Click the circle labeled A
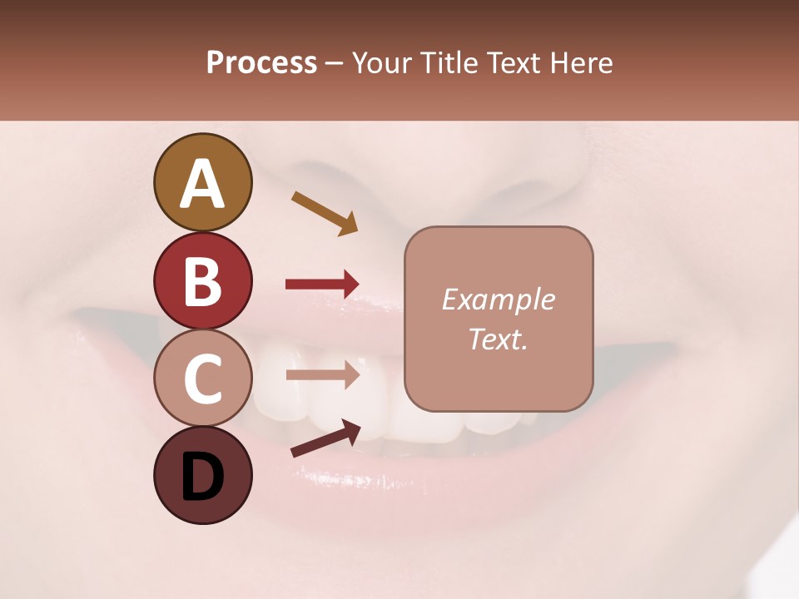point(202,182)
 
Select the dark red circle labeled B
point(202,280)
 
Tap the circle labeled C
point(202,378)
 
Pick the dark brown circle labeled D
point(202,476)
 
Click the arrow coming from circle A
point(325,213)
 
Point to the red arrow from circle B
point(322,285)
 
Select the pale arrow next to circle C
point(322,374)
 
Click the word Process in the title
point(261,63)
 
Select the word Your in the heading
point(380,63)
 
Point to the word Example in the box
point(498,300)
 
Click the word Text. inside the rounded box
point(498,339)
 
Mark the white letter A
point(202,184)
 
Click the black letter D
point(202,478)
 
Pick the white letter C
point(202,379)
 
